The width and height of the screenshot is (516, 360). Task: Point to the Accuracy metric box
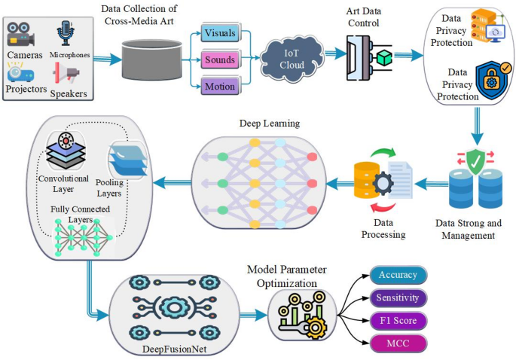[x=398, y=274]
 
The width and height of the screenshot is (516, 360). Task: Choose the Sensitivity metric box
[x=398, y=297]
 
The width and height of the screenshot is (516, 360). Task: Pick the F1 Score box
[x=398, y=321]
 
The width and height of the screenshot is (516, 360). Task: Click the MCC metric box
[x=398, y=344]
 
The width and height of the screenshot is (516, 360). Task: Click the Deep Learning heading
[x=268, y=122]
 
